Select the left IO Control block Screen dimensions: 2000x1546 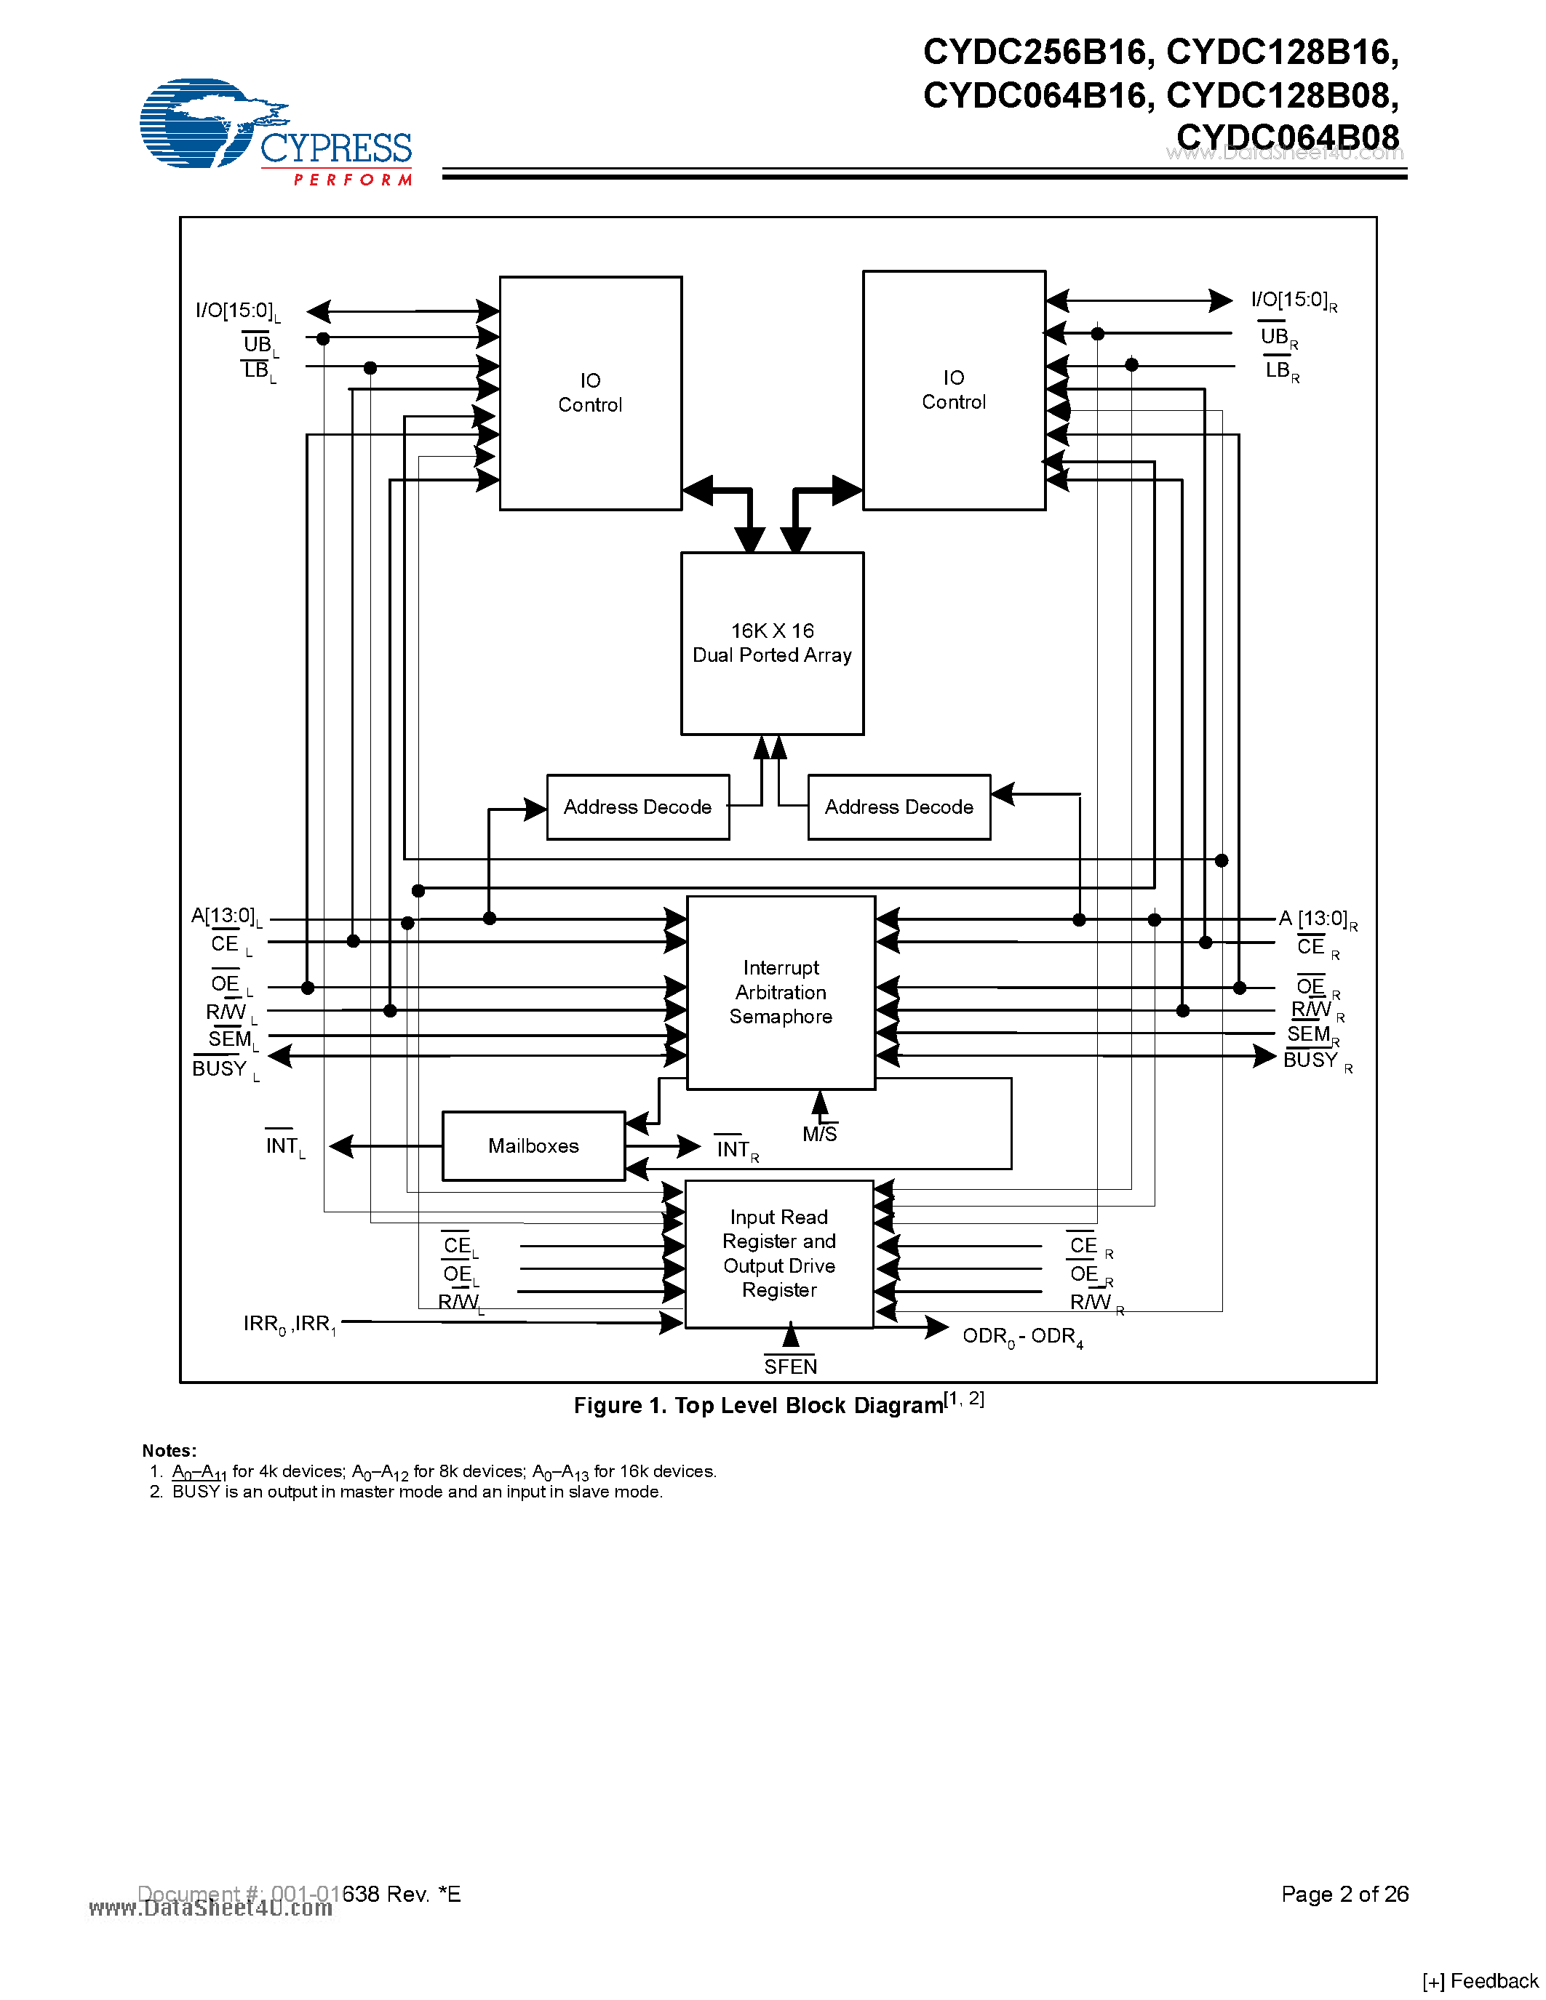[x=590, y=393]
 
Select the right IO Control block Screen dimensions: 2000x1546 [x=954, y=390]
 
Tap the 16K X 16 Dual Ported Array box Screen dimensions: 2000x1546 [x=772, y=643]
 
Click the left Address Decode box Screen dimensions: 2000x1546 [x=637, y=807]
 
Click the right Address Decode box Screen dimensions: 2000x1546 [x=898, y=807]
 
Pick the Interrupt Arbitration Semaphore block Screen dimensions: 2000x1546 [x=781, y=993]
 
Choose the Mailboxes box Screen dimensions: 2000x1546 [x=533, y=1145]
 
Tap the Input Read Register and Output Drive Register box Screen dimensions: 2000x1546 [x=778, y=1254]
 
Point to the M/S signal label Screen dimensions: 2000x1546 [x=820, y=1135]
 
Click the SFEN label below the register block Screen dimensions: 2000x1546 [x=790, y=1367]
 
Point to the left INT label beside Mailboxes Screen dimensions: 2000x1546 [x=284, y=1146]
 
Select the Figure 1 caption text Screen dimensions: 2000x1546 [x=778, y=1405]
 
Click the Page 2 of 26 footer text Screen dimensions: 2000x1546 [x=1344, y=1894]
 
